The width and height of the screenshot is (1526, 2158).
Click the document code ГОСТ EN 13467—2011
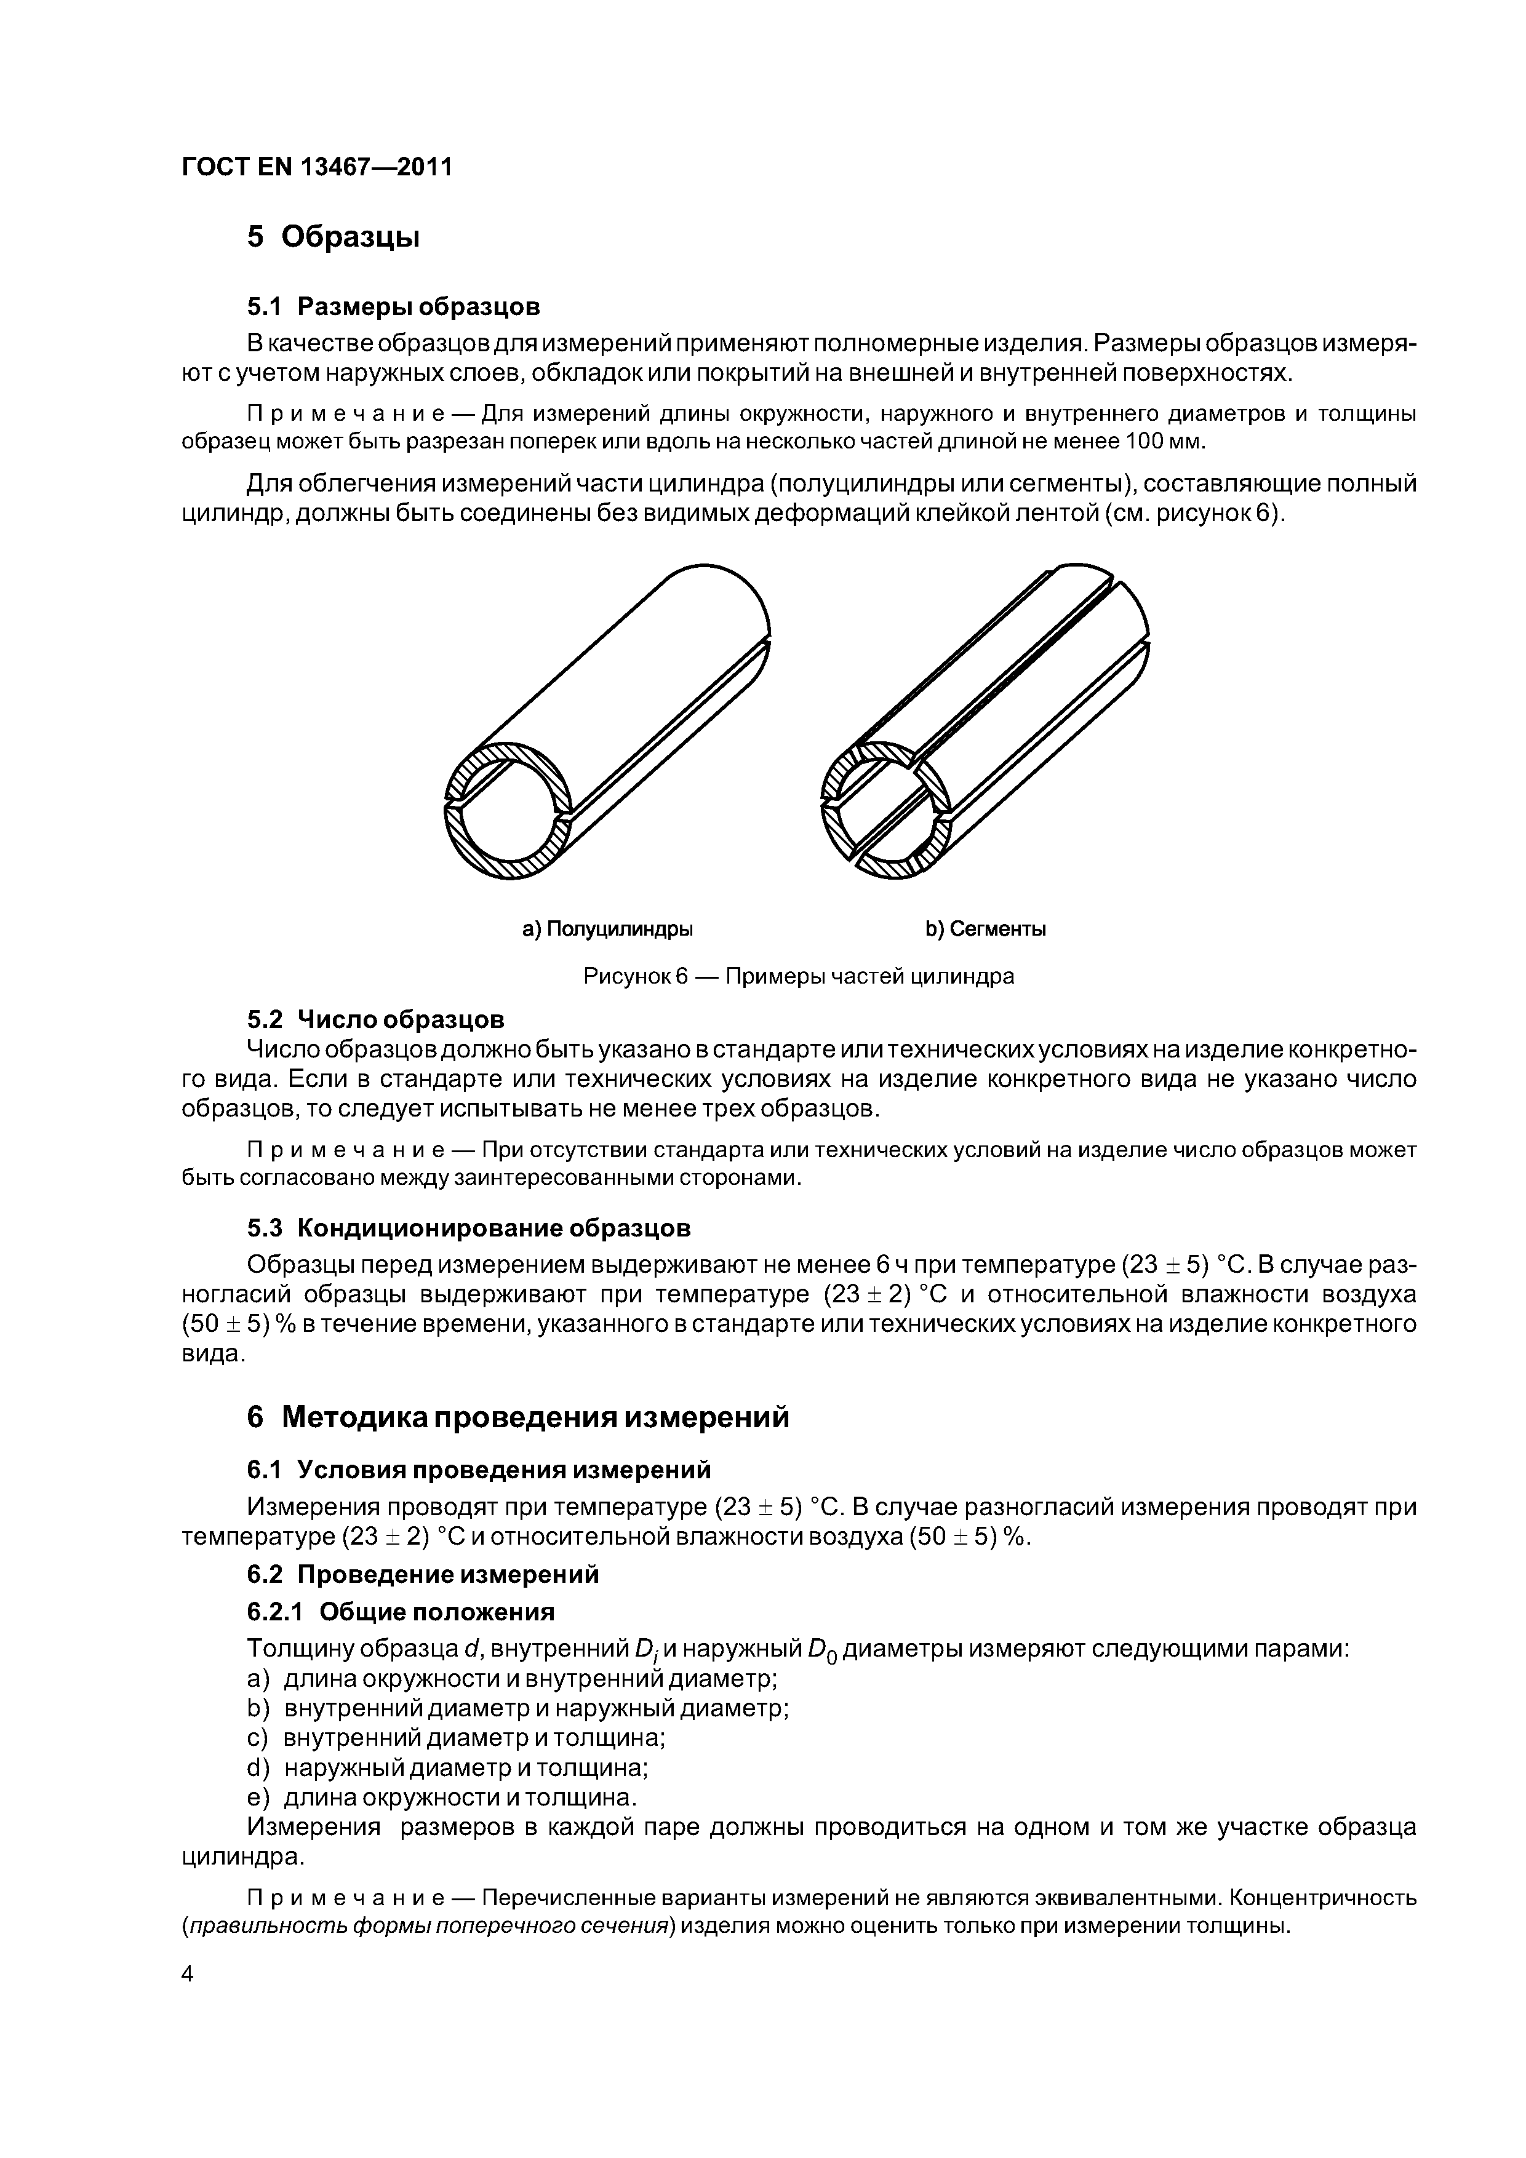316,166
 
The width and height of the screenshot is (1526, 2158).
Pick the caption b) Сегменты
985,930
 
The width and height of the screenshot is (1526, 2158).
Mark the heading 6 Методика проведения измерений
517,1417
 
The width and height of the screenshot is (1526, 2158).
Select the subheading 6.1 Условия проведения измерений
479,1469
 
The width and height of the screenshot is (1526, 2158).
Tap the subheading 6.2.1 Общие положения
401,1612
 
